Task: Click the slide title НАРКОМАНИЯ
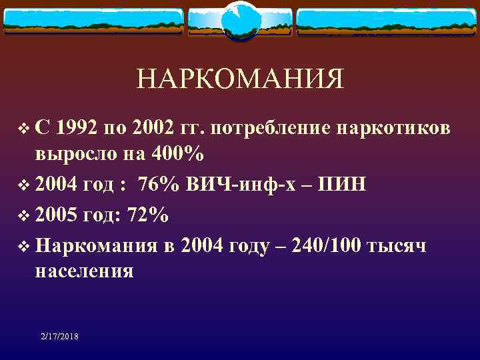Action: [x=240, y=79]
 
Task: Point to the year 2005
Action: [x=57, y=216]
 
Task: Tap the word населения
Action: [x=85, y=272]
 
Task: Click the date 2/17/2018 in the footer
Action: [x=59, y=337]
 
